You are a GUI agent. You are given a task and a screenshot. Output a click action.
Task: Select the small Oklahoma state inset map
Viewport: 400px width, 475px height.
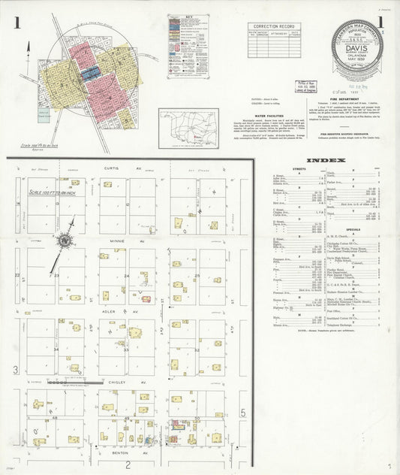189,129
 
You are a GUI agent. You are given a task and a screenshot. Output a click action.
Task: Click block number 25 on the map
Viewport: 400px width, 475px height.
197,276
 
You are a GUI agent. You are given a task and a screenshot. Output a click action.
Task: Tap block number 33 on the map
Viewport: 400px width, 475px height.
127,349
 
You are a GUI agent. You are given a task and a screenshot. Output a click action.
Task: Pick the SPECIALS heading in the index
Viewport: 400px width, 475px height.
353,229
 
